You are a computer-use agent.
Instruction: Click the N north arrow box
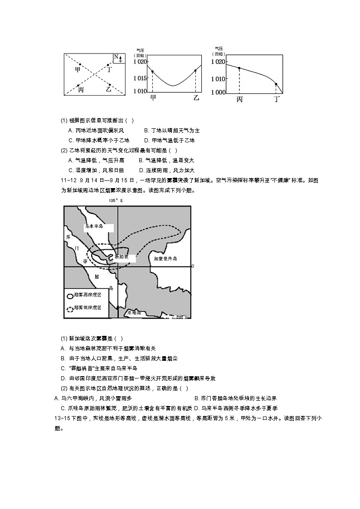119,58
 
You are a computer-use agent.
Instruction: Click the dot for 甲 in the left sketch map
80,64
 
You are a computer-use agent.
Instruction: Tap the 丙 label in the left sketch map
81,90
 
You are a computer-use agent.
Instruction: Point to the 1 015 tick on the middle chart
140,78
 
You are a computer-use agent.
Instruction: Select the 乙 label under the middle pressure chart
196,97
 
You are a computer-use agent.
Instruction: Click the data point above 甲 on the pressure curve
152,72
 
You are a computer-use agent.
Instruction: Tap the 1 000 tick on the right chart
219,92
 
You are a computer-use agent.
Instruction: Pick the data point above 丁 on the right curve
276,84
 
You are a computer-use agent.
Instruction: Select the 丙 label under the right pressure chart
239,99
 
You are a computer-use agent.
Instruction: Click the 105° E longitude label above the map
116,200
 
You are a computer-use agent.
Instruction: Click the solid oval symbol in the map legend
70,296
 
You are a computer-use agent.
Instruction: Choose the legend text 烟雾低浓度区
91,308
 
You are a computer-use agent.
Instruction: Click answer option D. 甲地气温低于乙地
169,140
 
